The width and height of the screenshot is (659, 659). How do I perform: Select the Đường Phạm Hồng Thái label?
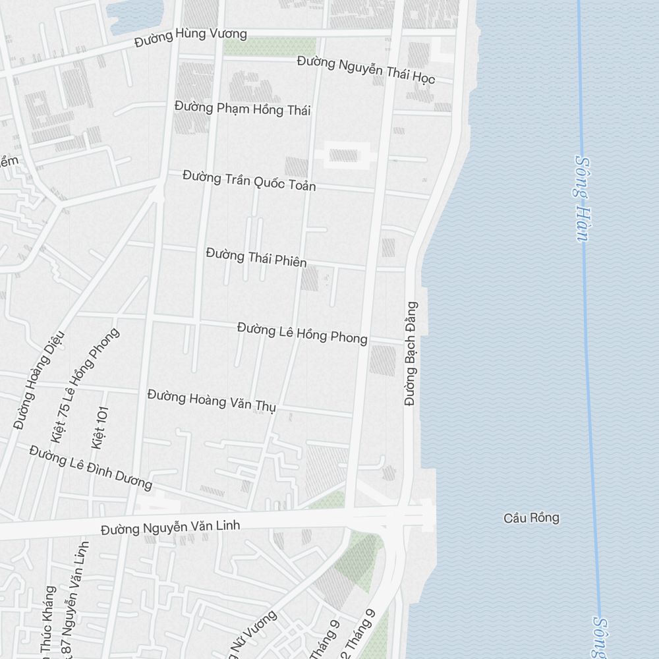click(243, 109)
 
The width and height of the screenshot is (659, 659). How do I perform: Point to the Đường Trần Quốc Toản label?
click(249, 181)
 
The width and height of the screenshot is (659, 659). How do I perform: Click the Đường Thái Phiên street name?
click(256, 257)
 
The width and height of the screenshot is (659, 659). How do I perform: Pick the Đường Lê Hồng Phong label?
click(302, 333)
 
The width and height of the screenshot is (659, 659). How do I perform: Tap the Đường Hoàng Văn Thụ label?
click(212, 401)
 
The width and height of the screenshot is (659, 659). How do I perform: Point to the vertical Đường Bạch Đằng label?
click(411, 353)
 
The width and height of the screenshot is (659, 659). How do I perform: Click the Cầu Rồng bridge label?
click(531, 518)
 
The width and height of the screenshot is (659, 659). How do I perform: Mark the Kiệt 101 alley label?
click(100, 428)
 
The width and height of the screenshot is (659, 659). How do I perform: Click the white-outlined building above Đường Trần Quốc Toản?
click(343, 156)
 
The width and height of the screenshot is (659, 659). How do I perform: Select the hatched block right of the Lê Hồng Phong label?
click(382, 360)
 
